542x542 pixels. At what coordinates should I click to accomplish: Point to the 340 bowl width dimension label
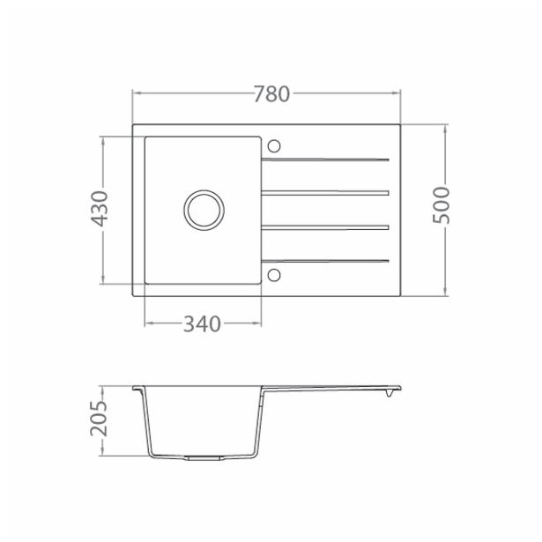click(x=201, y=324)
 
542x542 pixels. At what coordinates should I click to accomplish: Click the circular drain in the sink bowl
click(x=204, y=210)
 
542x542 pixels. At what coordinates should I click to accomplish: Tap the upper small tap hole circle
click(x=274, y=145)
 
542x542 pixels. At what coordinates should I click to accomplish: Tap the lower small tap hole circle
click(x=274, y=274)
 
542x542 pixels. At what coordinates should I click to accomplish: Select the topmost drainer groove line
click(x=325, y=160)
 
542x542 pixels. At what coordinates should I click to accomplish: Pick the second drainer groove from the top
click(x=325, y=192)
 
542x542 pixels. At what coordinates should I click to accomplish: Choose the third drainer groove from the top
click(x=325, y=227)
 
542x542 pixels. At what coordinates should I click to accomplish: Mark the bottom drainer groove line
click(x=325, y=260)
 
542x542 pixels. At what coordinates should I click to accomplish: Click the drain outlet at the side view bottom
click(x=203, y=458)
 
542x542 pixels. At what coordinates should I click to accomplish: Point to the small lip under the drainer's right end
click(x=386, y=395)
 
